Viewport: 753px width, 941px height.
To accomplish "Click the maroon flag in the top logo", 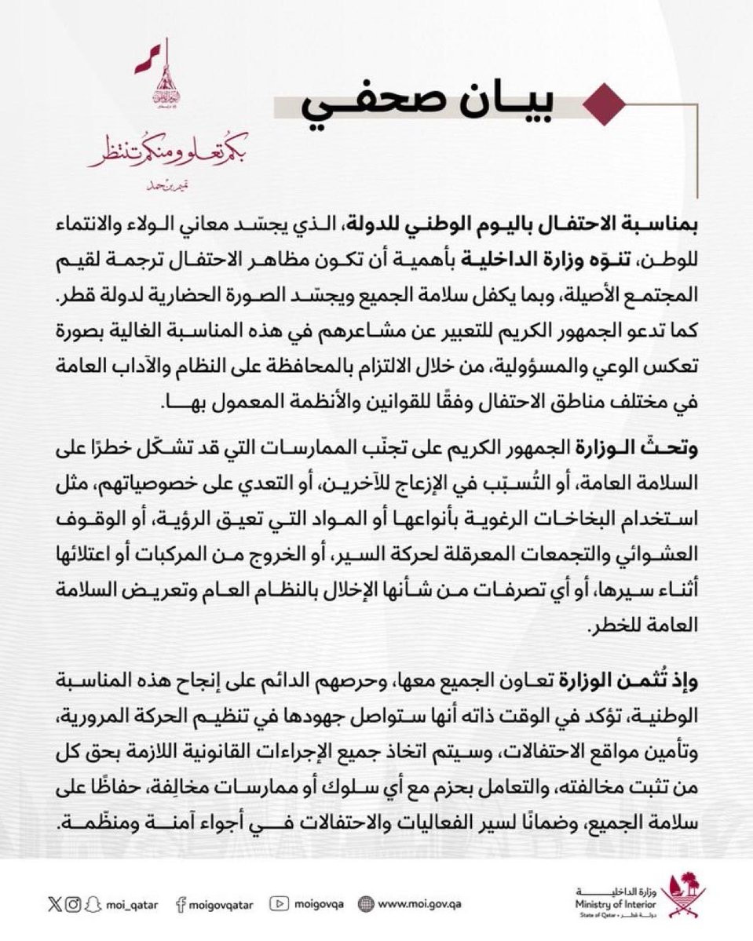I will tap(145, 58).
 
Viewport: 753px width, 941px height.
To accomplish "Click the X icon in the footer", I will tap(54, 905).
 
